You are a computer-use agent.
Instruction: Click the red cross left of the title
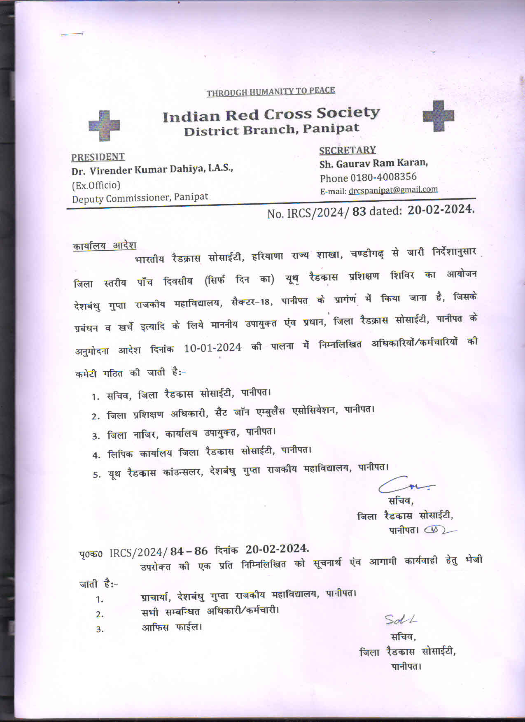[x=104, y=125]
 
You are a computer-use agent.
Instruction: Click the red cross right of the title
[x=438, y=116]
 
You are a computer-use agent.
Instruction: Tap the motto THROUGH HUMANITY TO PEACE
[x=271, y=92]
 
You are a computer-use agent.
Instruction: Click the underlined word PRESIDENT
[x=98, y=157]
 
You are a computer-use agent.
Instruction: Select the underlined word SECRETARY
[x=348, y=150]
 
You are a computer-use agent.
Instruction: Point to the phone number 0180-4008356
[x=383, y=177]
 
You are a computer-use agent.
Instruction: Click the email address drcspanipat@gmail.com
[x=393, y=190]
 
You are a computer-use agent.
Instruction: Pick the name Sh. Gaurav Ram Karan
[x=373, y=163]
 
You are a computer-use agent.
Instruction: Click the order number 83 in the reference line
[x=359, y=212]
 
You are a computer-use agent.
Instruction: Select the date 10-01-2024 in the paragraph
[x=212, y=348]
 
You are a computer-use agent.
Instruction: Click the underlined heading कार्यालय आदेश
[x=104, y=246]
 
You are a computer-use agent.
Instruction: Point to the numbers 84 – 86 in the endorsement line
[x=189, y=551]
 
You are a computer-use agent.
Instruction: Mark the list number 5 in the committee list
[x=96, y=475]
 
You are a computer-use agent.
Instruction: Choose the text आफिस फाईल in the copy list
[x=171, y=628]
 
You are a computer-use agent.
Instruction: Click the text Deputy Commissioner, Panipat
[x=140, y=198]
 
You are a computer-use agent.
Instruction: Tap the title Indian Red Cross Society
[x=271, y=115]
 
